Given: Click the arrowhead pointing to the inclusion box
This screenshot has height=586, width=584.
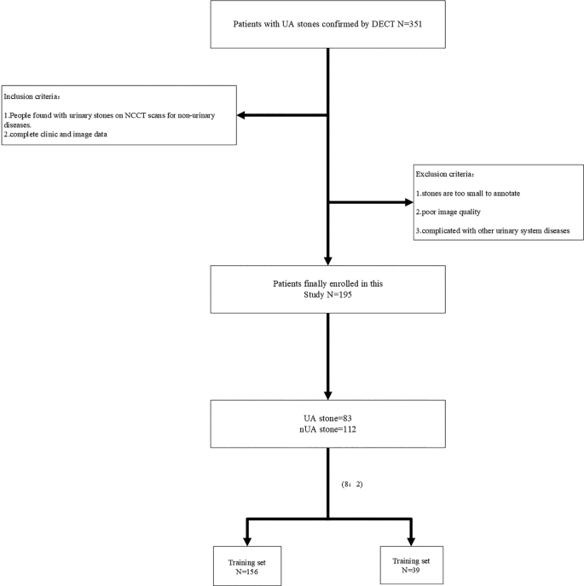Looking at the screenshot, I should [243, 116].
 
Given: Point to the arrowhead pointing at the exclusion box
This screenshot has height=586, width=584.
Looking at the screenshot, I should [406, 203].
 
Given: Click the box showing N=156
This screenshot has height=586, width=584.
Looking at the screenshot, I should [246, 566].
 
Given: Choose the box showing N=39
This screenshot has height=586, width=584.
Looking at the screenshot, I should [412, 566].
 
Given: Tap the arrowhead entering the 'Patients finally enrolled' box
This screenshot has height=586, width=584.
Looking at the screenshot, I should [328, 261].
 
